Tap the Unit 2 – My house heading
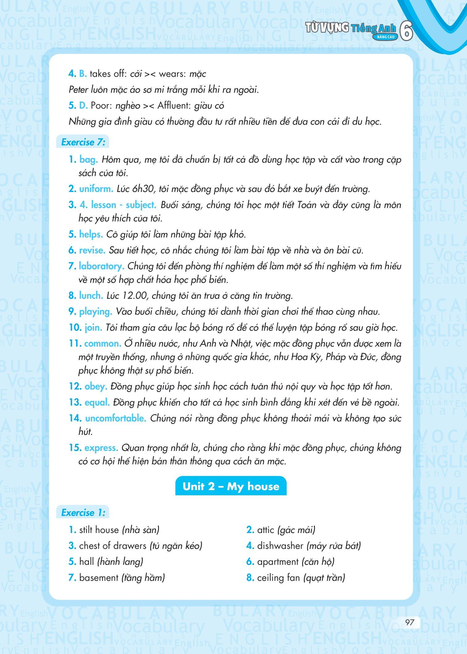coord(231,486)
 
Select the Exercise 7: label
coord(83,142)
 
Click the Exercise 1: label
coord(83,513)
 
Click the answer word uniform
coord(96,189)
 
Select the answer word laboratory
coord(101,266)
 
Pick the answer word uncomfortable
coord(116,418)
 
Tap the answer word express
coord(101,448)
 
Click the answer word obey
coord(96,386)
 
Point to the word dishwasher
coord(280,546)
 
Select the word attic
coord(266,530)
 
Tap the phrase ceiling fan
coord(278,577)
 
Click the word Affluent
coord(174,106)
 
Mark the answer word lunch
coord(91,296)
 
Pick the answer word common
coord(103,344)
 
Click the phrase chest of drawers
coord(112,546)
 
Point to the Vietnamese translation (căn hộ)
coord(318,562)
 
